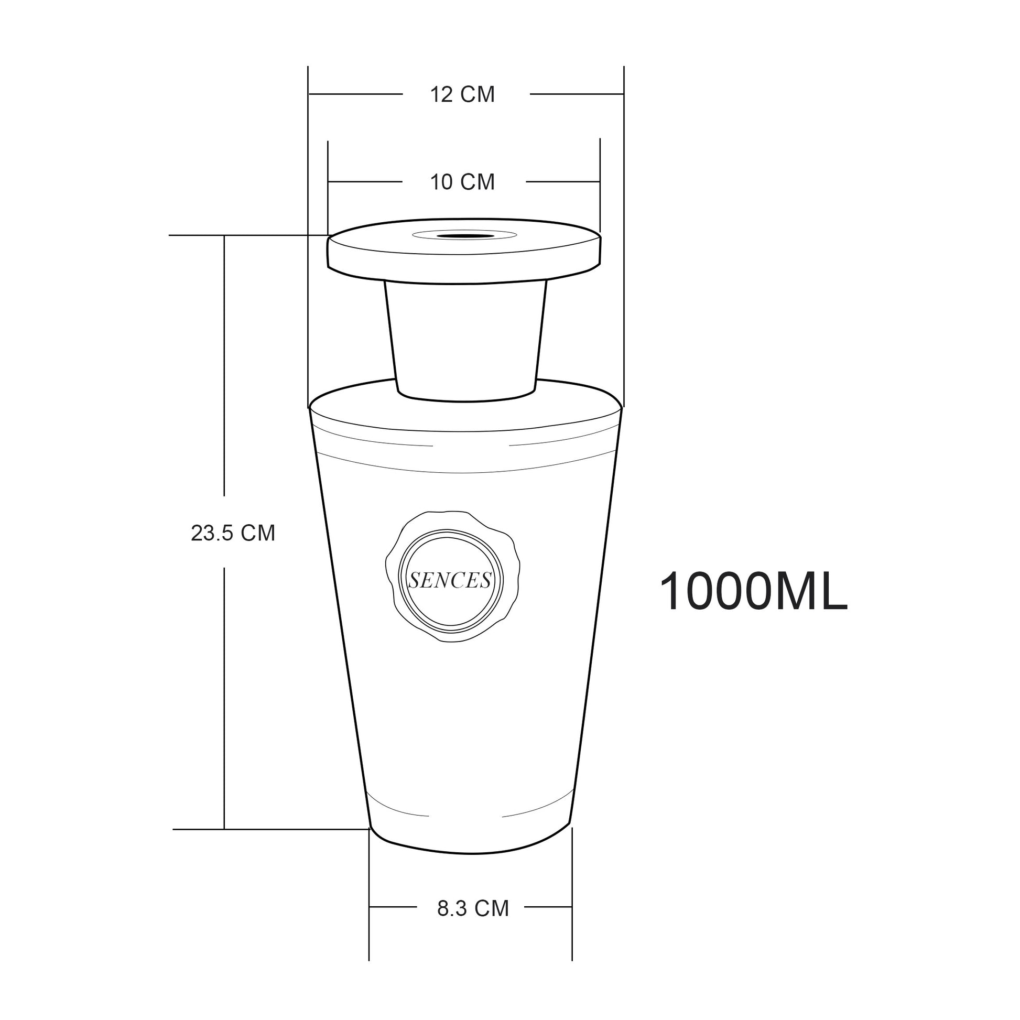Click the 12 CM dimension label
(462, 94)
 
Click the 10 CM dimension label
(462, 182)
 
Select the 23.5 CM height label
(233, 533)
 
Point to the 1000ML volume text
(753, 591)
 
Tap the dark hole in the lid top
(464, 236)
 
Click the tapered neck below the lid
(465, 342)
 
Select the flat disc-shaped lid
(464, 251)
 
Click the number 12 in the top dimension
(441, 94)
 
